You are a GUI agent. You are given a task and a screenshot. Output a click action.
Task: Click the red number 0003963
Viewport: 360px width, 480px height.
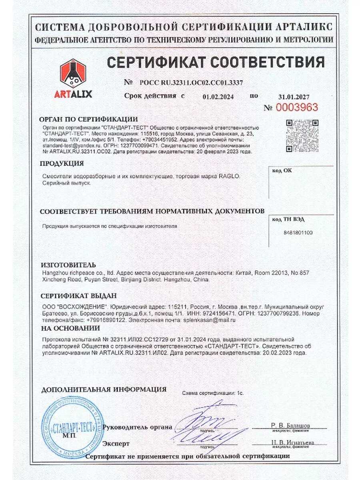tap(296, 107)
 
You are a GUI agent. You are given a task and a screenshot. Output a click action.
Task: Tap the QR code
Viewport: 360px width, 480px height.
tap(302, 136)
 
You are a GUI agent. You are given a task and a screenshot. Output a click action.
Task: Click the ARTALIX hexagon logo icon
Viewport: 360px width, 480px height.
tap(73, 74)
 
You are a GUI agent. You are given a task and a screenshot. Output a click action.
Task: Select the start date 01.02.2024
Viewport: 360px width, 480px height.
tap(218, 96)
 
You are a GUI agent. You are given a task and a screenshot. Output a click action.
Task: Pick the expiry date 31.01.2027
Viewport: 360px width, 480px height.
tap(294, 96)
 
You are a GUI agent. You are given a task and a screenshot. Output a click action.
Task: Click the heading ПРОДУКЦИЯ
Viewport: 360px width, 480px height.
tap(62, 164)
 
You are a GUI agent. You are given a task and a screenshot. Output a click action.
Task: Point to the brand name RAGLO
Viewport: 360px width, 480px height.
tap(230, 176)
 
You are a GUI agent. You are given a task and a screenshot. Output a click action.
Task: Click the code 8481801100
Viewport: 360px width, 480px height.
tap(298, 232)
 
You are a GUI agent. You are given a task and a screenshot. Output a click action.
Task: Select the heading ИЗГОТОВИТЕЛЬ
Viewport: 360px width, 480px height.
tap(68, 265)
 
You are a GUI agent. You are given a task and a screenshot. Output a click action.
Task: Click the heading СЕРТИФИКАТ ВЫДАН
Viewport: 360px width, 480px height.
tap(79, 296)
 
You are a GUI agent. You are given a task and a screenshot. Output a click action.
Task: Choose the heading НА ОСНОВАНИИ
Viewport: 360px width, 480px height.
tap(70, 328)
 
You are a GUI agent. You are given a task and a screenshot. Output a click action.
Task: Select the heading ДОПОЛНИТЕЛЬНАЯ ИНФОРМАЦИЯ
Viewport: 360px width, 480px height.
tap(104, 389)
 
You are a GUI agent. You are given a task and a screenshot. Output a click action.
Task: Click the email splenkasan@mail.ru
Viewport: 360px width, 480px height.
tap(209, 320)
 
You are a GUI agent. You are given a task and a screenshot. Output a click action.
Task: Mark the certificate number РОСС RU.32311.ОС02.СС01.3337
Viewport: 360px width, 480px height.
tap(191, 83)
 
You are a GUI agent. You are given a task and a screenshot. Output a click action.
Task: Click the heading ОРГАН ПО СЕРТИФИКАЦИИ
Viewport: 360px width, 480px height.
tap(88, 119)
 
